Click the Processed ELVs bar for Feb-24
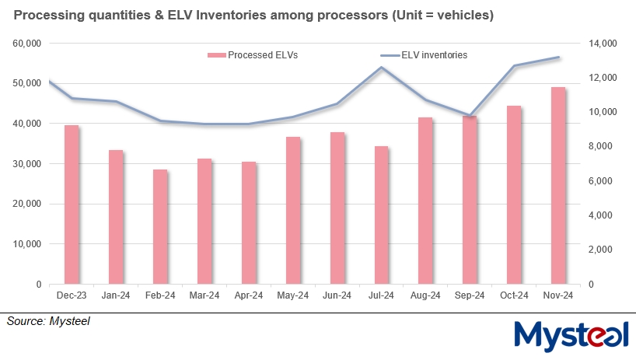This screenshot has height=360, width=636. coord(160,226)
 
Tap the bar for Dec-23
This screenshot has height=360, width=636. coord(72,204)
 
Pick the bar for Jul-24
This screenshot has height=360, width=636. coord(381,215)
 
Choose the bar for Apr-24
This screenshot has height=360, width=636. coord(249,222)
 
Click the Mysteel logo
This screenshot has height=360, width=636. coord(571,335)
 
